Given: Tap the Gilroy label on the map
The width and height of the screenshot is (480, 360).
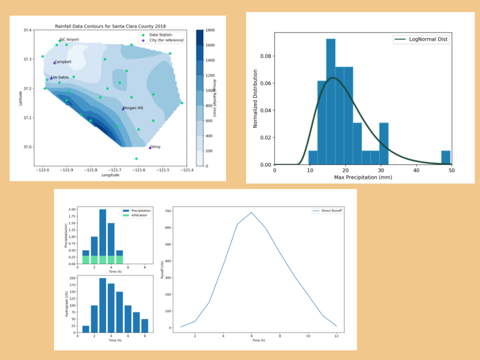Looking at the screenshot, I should coord(155,146).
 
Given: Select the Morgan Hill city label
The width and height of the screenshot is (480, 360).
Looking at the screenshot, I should coord(133,108).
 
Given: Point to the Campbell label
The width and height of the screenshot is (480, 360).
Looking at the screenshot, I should coord(62,62).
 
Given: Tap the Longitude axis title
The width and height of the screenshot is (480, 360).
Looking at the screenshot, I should coord(110,175).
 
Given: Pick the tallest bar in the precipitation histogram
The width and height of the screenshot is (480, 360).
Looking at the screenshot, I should coord(331,101).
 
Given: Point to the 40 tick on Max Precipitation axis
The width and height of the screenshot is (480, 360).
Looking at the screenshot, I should coord(416,170).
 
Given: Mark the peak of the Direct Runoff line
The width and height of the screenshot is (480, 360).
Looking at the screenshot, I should coord(252,212).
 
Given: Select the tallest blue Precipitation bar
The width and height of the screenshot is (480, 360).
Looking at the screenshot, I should coord(103,236).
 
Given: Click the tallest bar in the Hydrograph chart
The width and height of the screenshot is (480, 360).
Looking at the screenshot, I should coord(103,305).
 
